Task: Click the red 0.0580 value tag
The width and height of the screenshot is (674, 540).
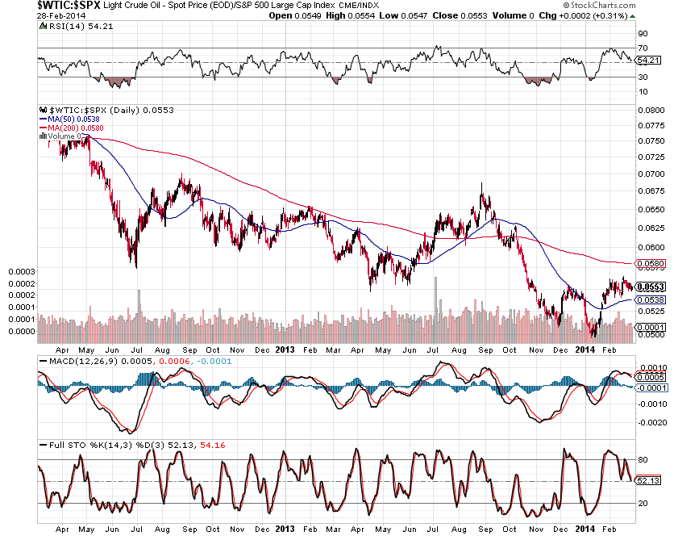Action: [x=650, y=263]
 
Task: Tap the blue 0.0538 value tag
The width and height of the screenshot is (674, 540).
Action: [x=650, y=300]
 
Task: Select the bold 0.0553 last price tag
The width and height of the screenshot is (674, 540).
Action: [x=650, y=287]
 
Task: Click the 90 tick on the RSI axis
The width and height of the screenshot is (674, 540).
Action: [x=643, y=34]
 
